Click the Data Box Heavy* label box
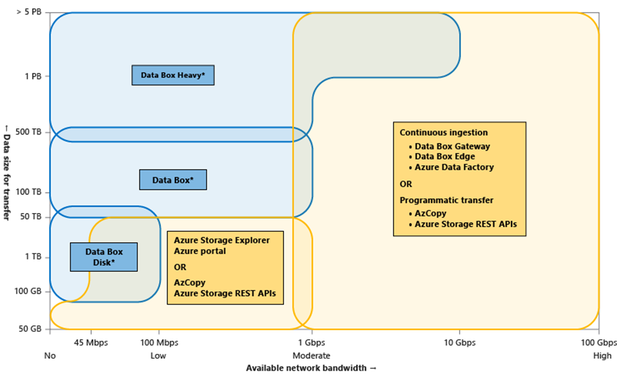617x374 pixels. point(173,75)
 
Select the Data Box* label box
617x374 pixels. point(173,180)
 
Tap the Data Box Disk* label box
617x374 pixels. point(103,257)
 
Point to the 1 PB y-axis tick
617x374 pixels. point(32,76)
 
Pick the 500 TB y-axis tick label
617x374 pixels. point(28,132)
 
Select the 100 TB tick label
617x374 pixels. point(28,192)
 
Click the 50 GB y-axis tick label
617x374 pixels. point(30,328)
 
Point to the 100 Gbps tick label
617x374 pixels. point(598,343)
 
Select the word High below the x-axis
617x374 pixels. point(602,355)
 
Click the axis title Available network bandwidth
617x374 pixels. point(311,368)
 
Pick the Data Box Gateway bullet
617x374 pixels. point(452,146)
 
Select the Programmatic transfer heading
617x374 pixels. point(446,200)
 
